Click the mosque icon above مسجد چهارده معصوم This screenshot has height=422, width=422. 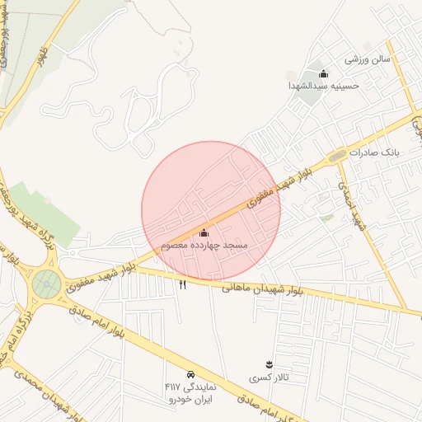point(204,233)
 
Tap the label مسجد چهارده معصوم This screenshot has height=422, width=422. point(204,246)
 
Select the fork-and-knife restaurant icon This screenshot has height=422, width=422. point(182,284)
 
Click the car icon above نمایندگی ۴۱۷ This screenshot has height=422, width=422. point(191,373)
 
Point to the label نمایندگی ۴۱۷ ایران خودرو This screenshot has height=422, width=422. point(190,392)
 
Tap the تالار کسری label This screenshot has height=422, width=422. point(269,378)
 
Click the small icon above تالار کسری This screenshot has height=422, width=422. point(269,363)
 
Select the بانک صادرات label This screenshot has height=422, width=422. point(373,153)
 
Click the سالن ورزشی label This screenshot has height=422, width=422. point(367,59)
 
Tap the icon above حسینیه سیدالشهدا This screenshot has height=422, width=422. point(323,73)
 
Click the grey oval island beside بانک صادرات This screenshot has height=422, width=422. point(337,156)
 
